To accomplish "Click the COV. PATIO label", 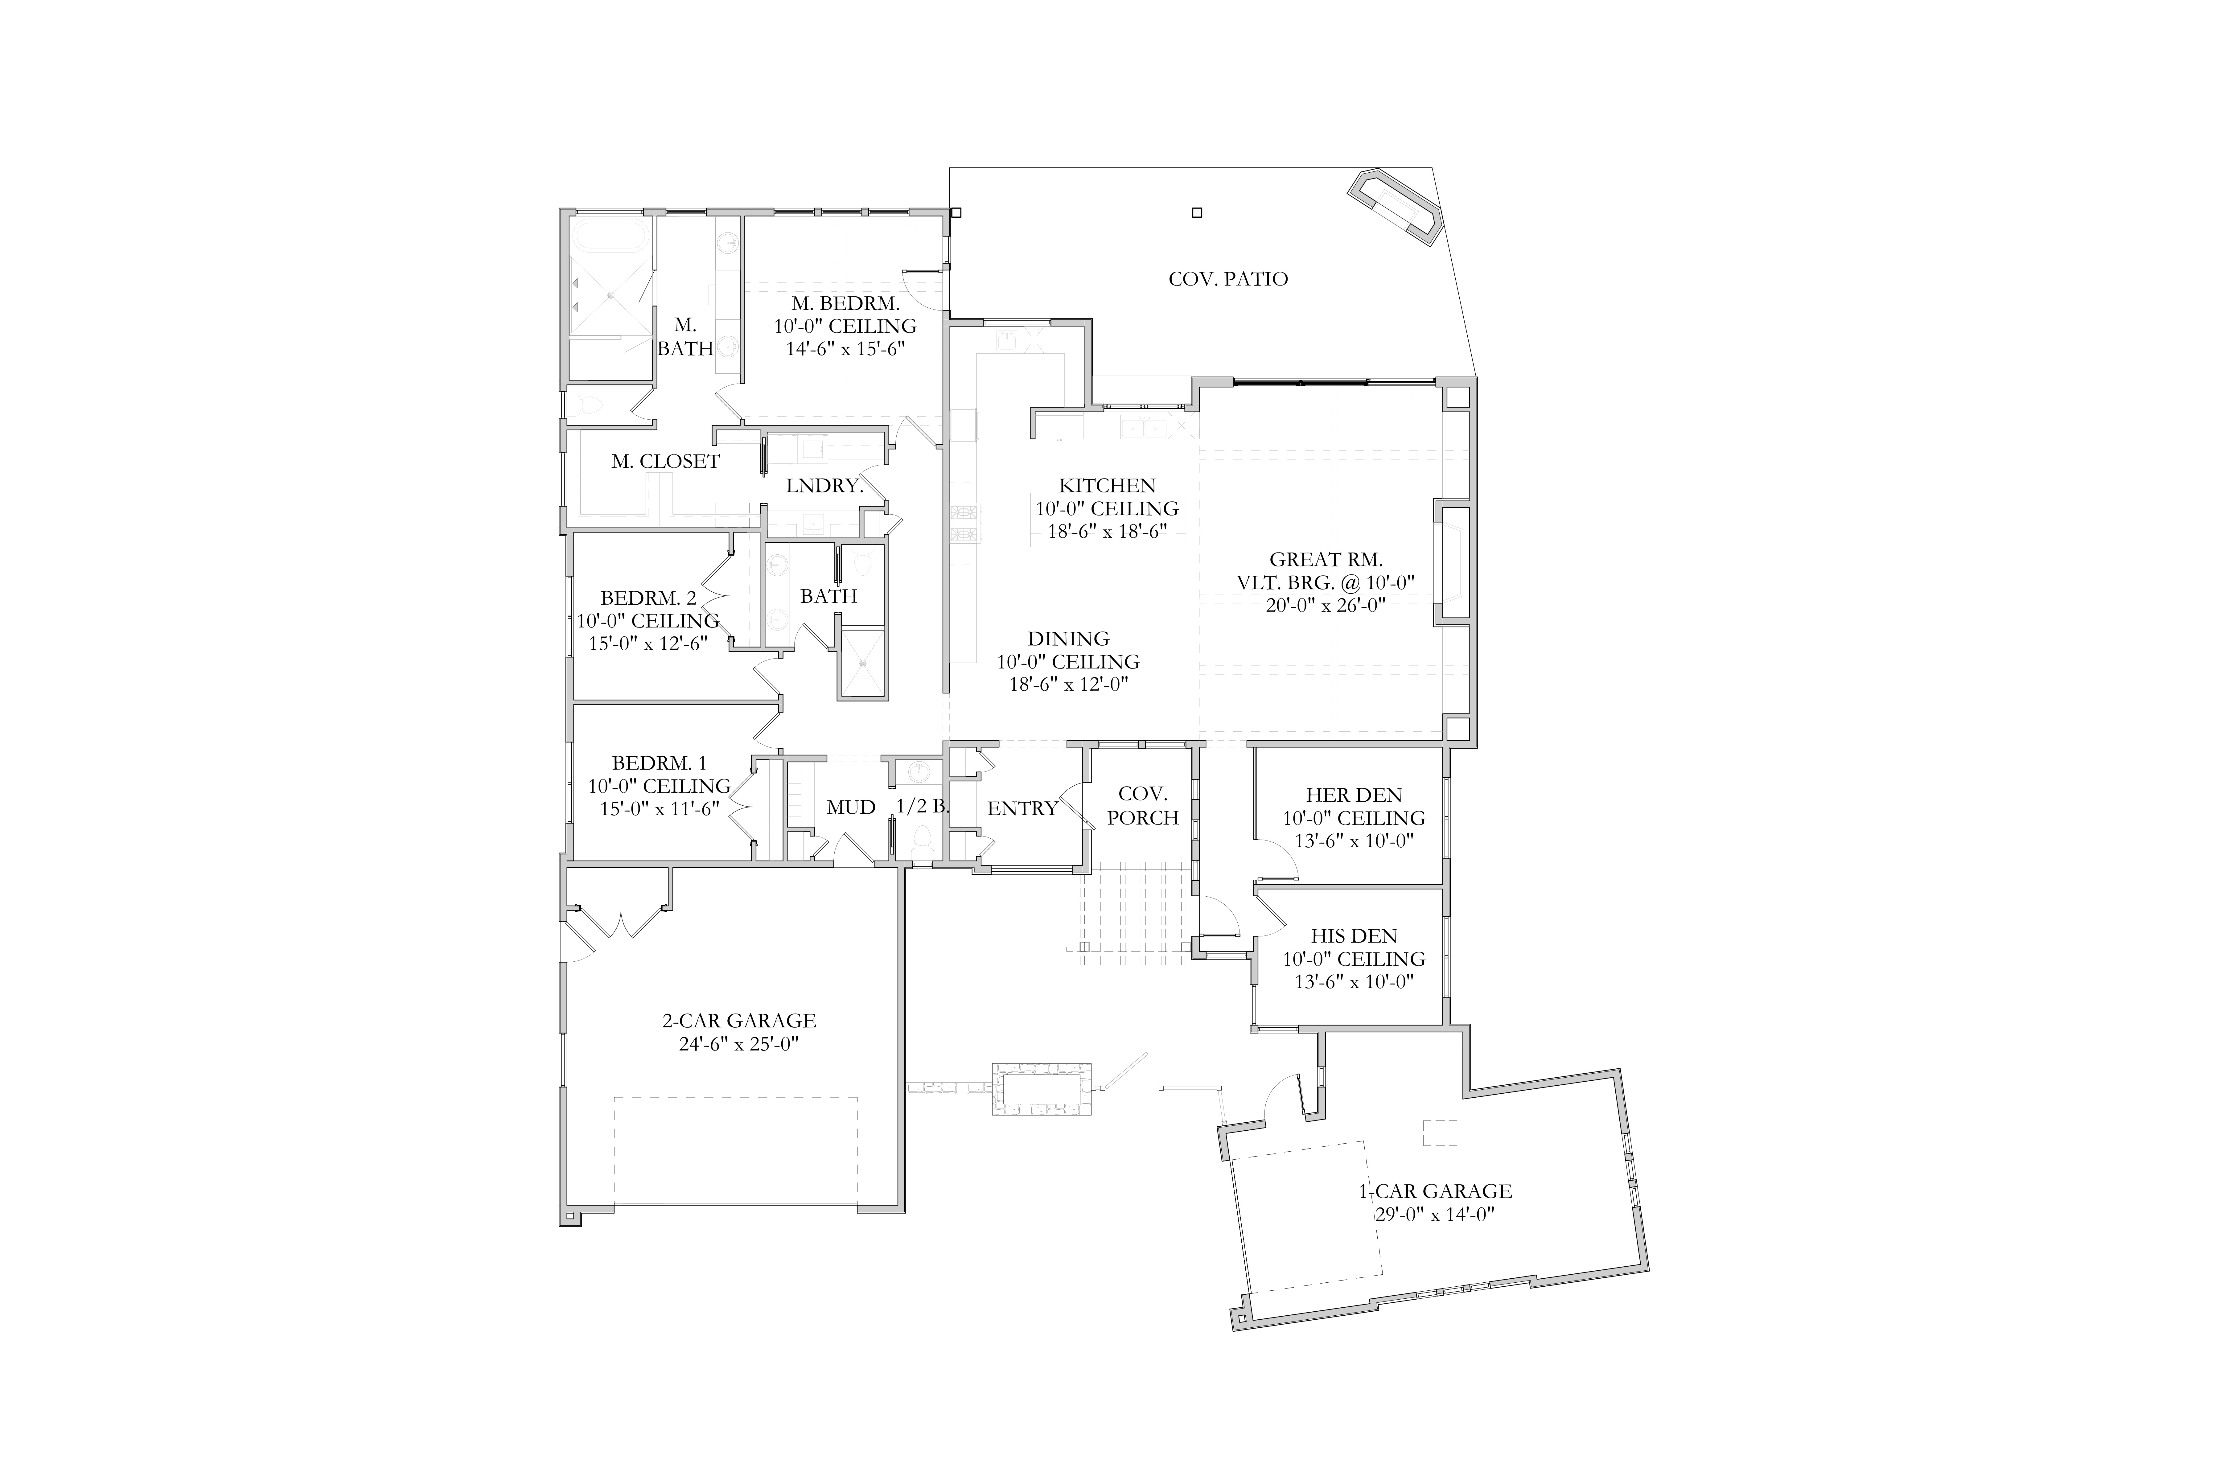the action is click(x=1228, y=279).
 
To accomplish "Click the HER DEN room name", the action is click(x=1354, y=796).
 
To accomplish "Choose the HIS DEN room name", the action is click(x=1354, y=936).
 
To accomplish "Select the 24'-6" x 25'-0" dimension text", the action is click(x=739, y=1044).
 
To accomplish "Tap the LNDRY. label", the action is click(x=825, y=486).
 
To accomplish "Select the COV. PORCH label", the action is click(x=1143, y=806).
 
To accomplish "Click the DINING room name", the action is click(x=1068, y=639).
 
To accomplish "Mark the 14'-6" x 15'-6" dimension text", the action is click(x=846, y=348).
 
